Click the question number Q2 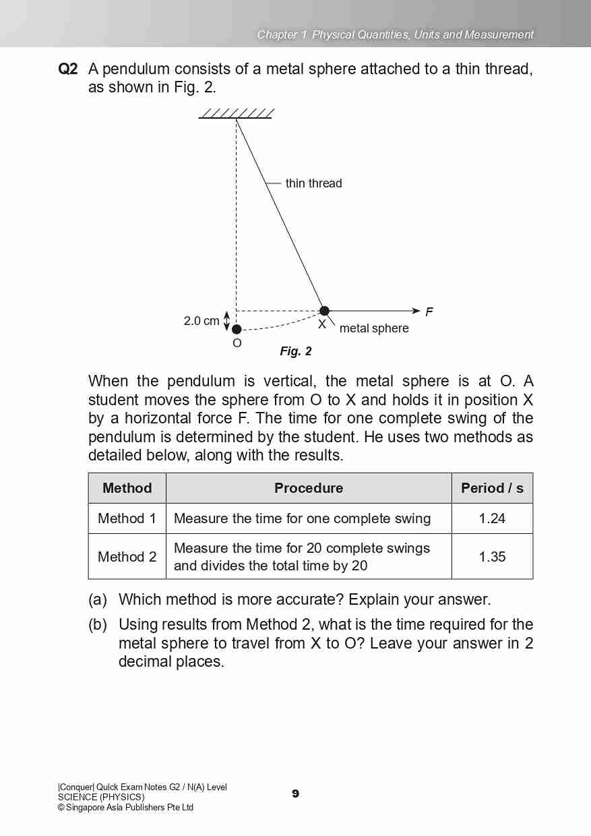[x=68, y=69]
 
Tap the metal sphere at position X [x=324, y=311]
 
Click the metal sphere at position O [x=237, y=329]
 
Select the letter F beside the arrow [x=429, y=311]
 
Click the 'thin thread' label [x=313, y=183]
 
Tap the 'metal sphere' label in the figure [x=374, y=328]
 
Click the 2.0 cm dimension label [x=201, y=321]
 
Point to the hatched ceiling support [x=237, y=113]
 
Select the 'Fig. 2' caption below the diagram [x=296, y=351]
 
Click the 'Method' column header [x=127, y=488]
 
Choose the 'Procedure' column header [x=309, y=488]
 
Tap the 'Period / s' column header [x=492, y=488]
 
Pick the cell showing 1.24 [x=492, y=518]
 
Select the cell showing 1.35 [x=492, y=557]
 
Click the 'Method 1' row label [x=127, y=518]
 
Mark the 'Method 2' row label [x=127, y=557]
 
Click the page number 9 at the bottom [x=295, y=794]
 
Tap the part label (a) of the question [x=98, y=599]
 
